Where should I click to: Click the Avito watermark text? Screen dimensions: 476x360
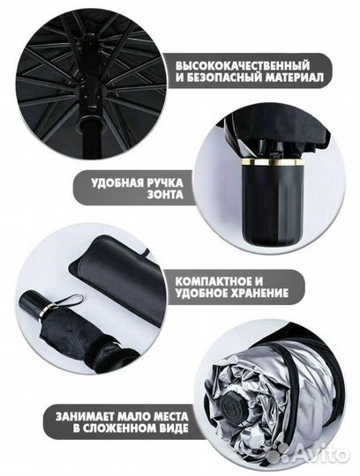coord(321,453)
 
